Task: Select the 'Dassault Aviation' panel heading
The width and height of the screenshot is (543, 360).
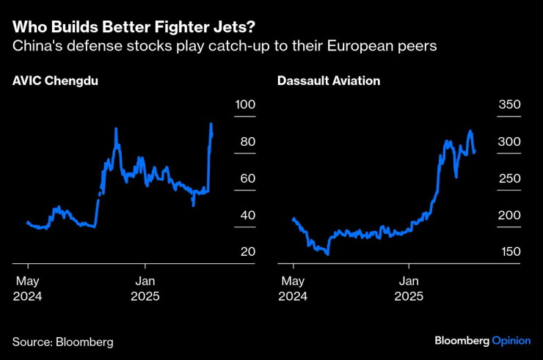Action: (329, 81)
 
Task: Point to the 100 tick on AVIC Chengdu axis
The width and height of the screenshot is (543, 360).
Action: (244, 105)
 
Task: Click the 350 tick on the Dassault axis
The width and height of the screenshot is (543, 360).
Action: (509, 105)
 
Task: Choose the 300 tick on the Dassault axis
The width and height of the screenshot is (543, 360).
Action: (509, 142)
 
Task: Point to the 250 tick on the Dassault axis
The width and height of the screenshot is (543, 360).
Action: (509, 178)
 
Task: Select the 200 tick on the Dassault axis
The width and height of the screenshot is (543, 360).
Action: (509, 215)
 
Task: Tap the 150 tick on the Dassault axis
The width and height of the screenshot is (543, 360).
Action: (509, 251)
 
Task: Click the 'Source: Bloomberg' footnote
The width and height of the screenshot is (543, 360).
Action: (63, 342)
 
